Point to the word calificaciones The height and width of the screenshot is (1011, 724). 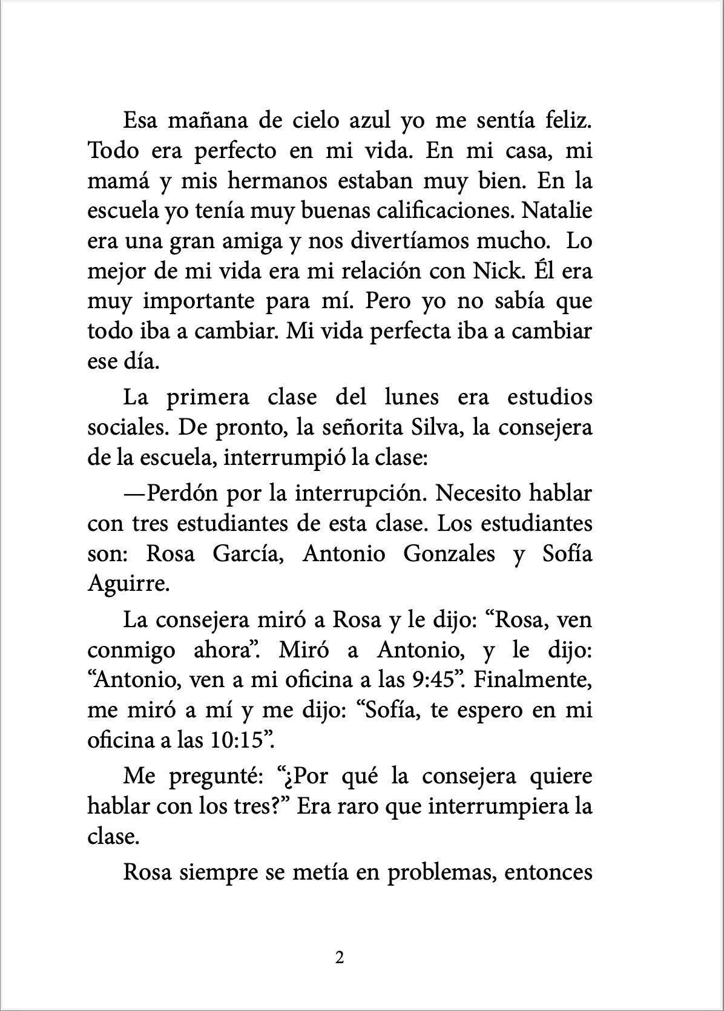tap(445, 211)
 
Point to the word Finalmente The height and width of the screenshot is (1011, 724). tap(532, 680)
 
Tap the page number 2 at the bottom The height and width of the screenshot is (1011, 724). tap(339, 958)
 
